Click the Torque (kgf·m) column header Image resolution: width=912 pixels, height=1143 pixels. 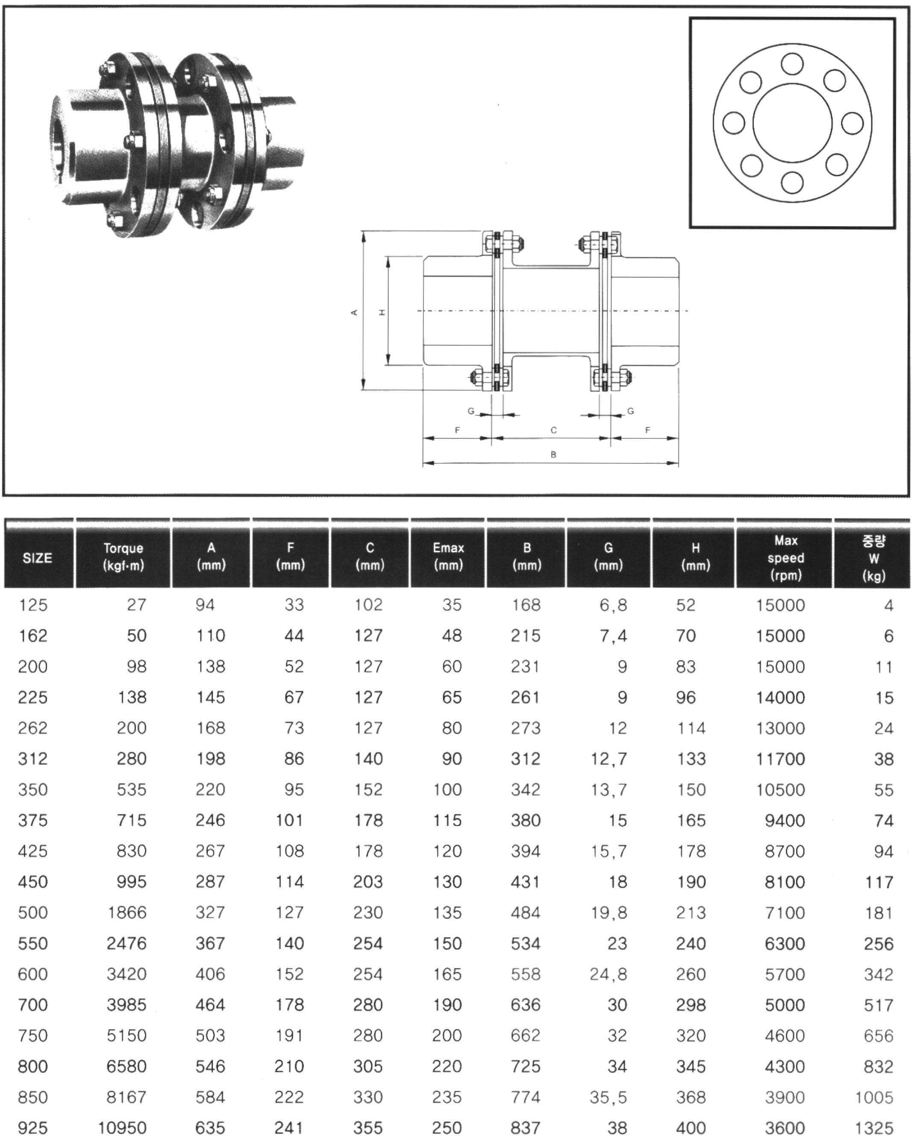(x=123, y=557)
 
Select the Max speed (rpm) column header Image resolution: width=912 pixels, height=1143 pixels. (x=785, y=557)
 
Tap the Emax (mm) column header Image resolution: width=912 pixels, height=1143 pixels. (x=449, y=556)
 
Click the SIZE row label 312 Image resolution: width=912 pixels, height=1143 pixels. (x=33, y=758)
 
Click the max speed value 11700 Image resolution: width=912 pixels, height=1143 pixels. (x=781, y=758)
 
